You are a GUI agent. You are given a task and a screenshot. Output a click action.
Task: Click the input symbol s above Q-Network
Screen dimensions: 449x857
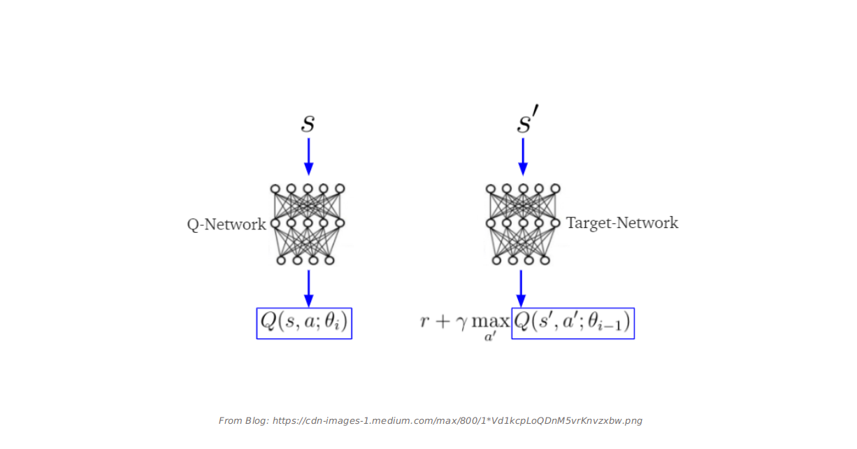point(308,124)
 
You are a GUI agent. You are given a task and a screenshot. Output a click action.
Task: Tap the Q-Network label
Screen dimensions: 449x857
point(226,224)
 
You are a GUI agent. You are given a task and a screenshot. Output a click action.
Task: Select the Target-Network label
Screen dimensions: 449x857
point(621,223)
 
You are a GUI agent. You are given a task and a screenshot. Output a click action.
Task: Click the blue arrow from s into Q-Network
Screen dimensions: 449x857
point(308,156)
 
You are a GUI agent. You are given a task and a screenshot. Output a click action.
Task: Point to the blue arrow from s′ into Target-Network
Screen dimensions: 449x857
point(523,156)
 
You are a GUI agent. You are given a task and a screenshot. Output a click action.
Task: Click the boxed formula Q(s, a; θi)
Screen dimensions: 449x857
point(304,323)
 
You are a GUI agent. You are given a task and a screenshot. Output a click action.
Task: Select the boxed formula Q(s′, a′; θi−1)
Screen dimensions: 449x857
point(572,323)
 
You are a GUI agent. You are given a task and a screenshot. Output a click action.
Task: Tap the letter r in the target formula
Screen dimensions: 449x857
point(424,322)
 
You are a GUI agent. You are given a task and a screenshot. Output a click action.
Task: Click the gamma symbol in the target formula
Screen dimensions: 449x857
point(461,324)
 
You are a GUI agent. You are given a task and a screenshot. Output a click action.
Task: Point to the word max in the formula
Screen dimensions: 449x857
point(490,322)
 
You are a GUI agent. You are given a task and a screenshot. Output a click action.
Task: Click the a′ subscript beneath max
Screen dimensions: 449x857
point(490,338)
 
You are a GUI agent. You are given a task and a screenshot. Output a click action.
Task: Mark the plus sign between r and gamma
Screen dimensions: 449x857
point(442,322)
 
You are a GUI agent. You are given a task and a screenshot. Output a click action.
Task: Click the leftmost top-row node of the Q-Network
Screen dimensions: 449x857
point(275,189)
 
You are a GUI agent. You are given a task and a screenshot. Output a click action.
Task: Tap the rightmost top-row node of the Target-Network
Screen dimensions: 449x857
point(555,189)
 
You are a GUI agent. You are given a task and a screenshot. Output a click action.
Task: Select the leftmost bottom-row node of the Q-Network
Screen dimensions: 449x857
point(281,260)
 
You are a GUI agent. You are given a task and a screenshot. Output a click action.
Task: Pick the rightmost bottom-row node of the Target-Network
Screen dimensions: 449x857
point(545,260)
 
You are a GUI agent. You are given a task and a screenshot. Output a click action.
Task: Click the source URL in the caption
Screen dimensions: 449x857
point(457,421)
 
